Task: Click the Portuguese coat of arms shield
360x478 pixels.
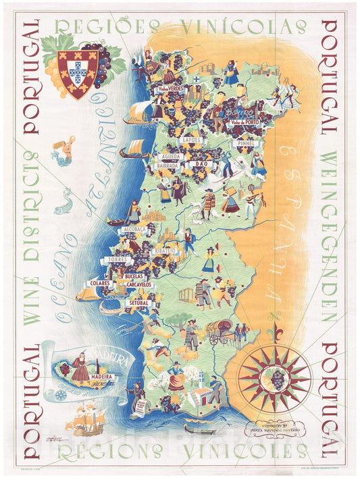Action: [x=78, y=73]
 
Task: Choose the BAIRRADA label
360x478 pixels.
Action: [x=166, y=164]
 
